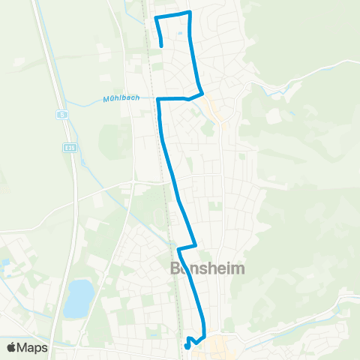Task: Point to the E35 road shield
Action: coord(68,147)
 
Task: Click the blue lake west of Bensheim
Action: coord(78,298)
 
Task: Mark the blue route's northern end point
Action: coord(162,46)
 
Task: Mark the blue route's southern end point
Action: coord(187,346)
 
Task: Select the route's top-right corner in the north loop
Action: coord(190,13)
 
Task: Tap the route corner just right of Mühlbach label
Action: coord(159,98)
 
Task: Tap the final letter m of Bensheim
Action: coord(236,269)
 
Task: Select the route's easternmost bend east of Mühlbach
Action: coord(202,93)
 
